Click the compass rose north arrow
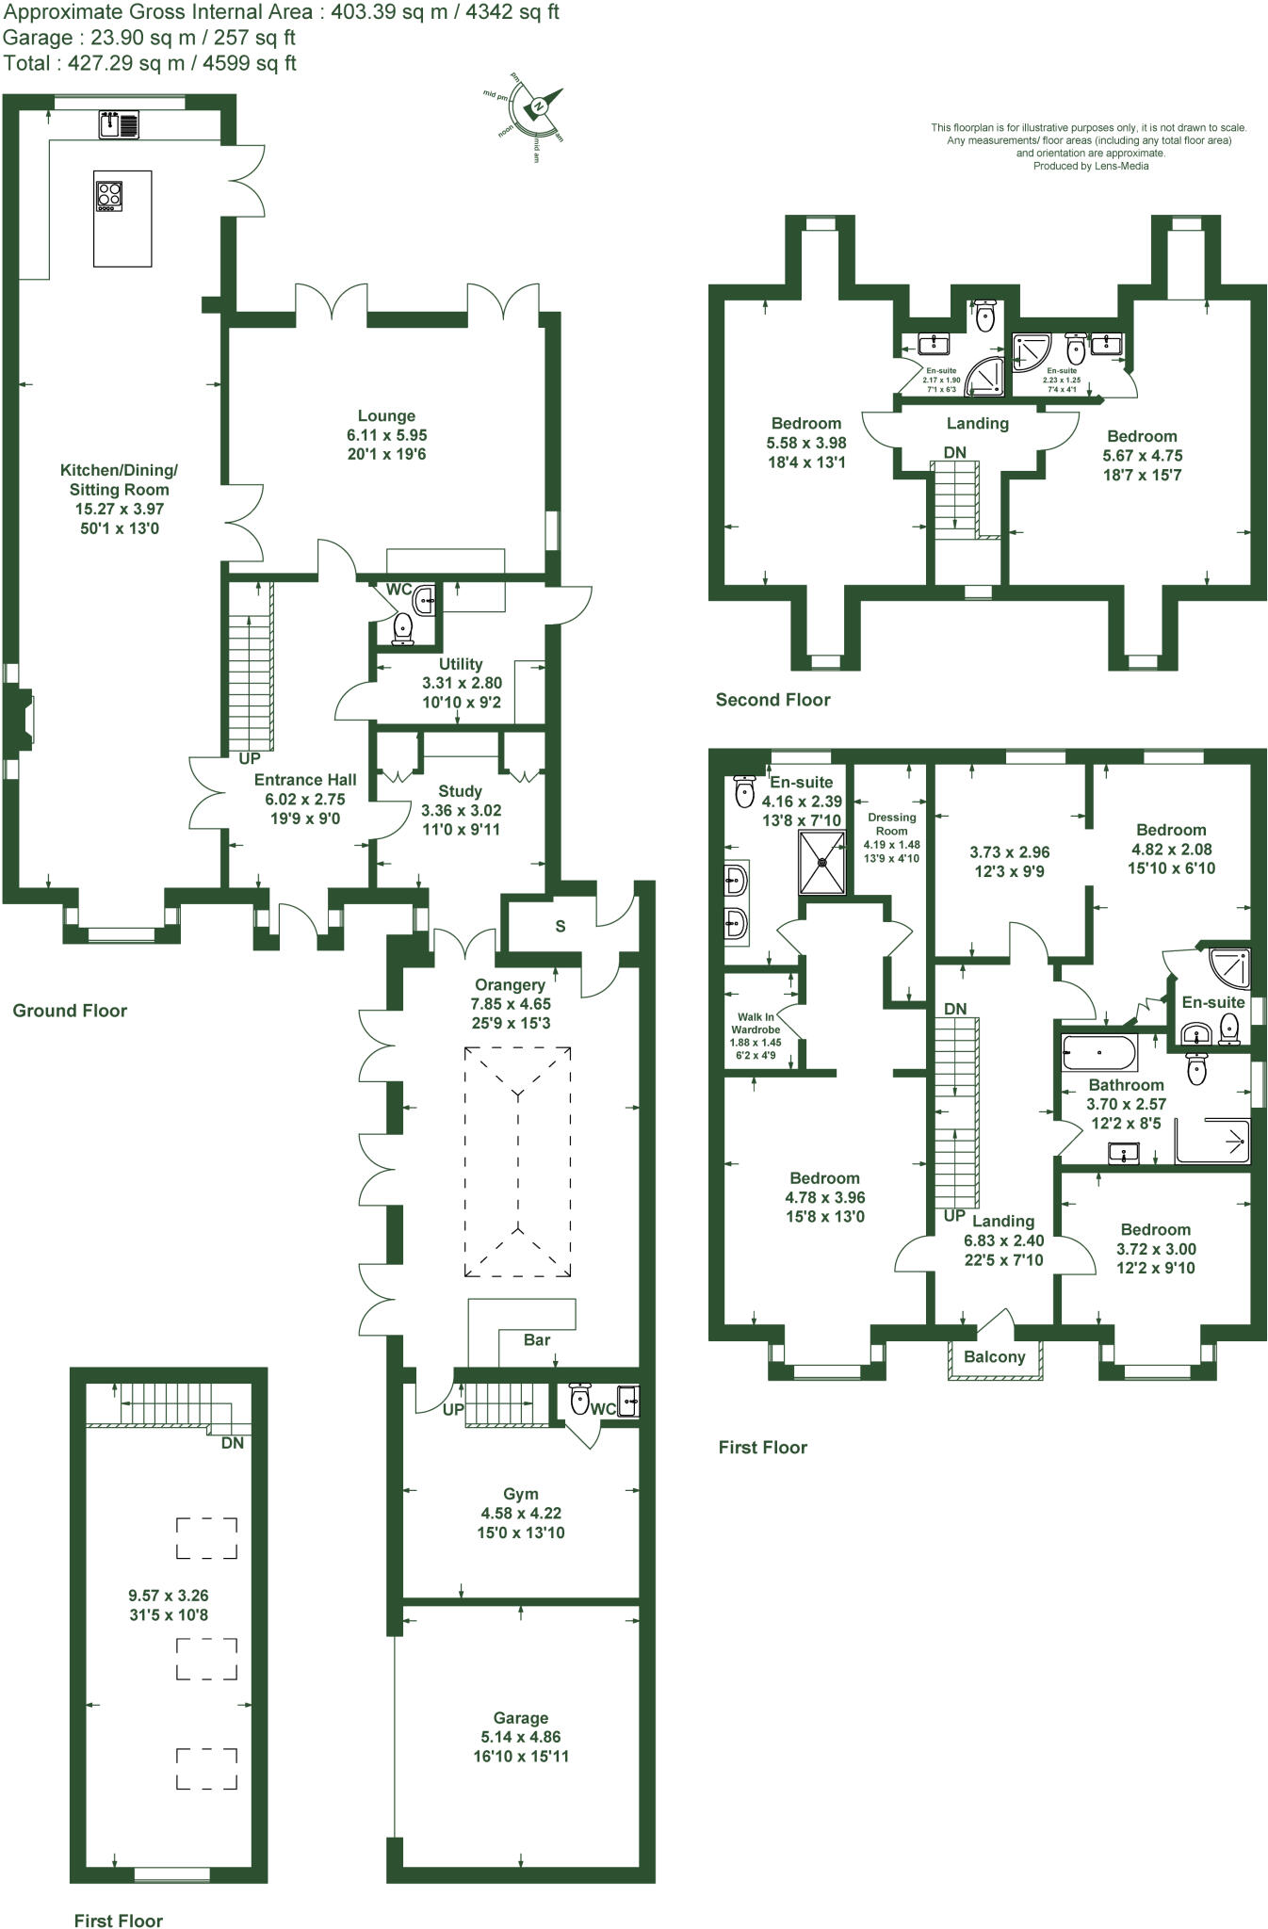tap(541, 105)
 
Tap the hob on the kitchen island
tap(109, 195)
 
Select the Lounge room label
tap(386, 415)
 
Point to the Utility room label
tap(461, 664)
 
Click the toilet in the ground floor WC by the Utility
tap(404, 628)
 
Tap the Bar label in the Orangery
tap(537, 1339)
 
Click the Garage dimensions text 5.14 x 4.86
tap(521, 1737)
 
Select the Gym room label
tap(521, 1494)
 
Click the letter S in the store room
tap(561, 926)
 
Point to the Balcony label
tap(995, 1356)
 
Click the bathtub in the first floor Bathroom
tap(1099, 1051)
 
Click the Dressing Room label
tap(891, 824)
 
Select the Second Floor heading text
tap(772, 699)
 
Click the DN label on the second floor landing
tap(955, 452)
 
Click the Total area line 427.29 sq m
tap(150, 63)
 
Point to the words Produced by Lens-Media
tap(1090, 166)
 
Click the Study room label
tap(460, 791)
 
